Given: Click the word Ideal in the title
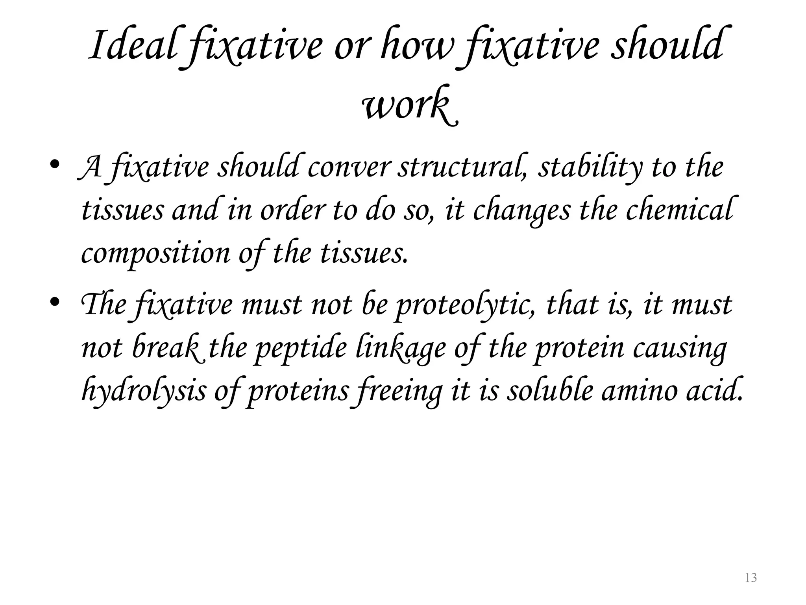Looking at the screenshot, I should click(132, 46).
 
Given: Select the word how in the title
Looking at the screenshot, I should click(416, 46).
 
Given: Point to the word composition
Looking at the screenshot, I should click(155, 253).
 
